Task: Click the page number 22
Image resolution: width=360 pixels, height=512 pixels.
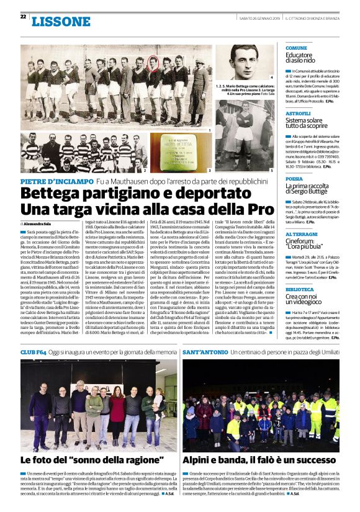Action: click(x=23, y=16)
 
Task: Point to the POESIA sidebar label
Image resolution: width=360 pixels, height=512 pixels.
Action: click(x=294, y=178)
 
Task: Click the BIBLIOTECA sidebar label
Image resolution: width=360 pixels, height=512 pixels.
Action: click(x=299, y=289)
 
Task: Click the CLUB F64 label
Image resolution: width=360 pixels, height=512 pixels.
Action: click(x=33, y=351)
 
